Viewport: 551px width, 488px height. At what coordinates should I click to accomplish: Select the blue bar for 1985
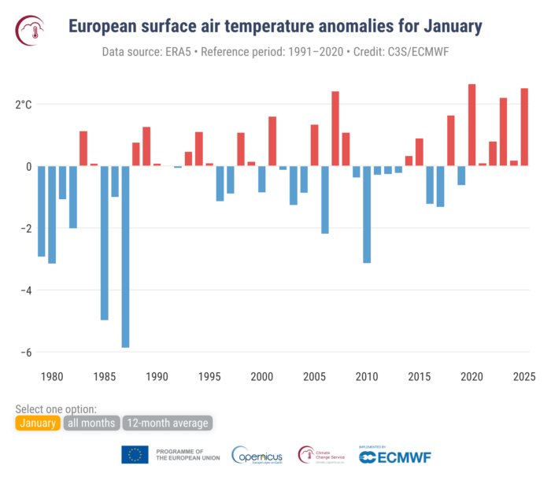(104, 243)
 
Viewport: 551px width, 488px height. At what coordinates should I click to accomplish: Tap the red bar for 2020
(471, 125)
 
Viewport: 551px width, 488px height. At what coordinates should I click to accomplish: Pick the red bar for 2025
(524, 127)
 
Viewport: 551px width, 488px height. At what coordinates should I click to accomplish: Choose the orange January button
(37, 423)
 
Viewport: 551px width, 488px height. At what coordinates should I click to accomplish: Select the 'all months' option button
(91, 423)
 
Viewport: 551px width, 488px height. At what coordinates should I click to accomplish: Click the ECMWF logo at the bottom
(395, 456)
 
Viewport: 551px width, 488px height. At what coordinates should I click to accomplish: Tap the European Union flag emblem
(135, 455)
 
